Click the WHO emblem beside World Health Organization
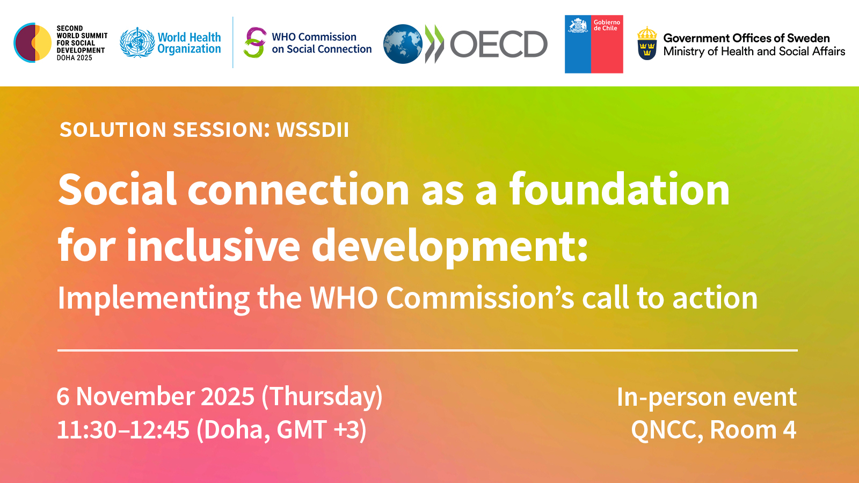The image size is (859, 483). (x=137, y=43)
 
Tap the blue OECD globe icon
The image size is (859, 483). (x=403, y=44)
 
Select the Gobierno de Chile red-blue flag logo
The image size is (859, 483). (x=594, y=44)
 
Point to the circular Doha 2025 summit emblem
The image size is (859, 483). (x=33, y=43)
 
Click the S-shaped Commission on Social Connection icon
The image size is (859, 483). (x=254, y=43)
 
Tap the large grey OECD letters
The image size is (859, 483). (x=498, y=44)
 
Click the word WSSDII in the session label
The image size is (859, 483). (x=312, y=130)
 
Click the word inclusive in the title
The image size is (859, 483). (x=213, y=246)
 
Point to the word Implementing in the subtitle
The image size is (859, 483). (x=154, y=298)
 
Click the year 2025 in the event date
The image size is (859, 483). (x=227, y=397)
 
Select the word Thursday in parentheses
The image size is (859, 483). (x=322, y=397)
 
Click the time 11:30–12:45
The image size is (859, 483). (x=123, y=430)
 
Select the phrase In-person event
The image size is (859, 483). (x=706, y=398)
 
